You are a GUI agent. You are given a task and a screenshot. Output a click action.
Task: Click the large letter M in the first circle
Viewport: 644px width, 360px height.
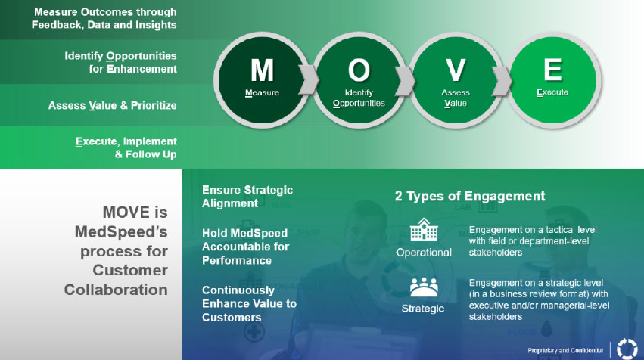262,70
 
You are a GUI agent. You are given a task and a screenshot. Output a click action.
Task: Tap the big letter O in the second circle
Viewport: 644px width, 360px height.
359,70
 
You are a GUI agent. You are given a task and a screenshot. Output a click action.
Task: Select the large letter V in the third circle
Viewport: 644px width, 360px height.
456,70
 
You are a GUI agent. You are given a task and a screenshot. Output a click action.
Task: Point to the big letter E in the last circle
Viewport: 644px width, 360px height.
553,70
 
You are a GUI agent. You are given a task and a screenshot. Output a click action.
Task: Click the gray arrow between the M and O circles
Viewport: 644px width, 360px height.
309,79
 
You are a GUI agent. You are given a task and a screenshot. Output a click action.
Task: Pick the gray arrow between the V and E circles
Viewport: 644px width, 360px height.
502,79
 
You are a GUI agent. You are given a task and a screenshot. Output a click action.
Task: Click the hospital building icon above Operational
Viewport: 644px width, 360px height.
424,229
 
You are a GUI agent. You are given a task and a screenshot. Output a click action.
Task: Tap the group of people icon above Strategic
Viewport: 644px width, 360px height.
424,287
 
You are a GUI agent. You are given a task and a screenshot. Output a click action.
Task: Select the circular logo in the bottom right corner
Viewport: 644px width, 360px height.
627,349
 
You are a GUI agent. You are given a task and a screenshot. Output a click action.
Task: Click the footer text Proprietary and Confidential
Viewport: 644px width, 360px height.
565,351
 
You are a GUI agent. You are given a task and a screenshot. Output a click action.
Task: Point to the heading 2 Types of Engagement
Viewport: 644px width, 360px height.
470,196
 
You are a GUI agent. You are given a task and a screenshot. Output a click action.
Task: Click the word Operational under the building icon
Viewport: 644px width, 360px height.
424,253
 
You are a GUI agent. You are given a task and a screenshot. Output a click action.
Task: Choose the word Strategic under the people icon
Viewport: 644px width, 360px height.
422,309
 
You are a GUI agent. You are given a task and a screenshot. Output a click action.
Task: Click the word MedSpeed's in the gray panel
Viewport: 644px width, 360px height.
121,232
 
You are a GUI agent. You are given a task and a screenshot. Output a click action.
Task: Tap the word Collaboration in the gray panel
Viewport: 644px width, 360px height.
116,290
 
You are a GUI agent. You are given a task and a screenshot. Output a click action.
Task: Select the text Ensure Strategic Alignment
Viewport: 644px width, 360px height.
247,197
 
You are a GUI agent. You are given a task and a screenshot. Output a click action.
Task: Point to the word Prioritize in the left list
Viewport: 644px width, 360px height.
154,105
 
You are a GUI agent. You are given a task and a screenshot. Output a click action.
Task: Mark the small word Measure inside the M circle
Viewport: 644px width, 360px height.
262,93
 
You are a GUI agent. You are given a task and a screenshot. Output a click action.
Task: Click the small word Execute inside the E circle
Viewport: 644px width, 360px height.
552,92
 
